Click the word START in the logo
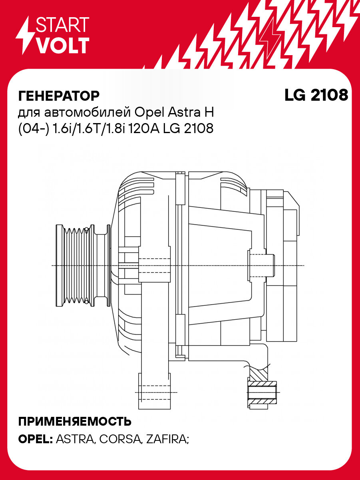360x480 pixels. click(62, 25)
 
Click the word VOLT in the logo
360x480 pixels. click(62, 46)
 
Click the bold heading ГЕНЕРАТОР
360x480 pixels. click(59, 96)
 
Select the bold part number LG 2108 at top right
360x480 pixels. click(316, 95)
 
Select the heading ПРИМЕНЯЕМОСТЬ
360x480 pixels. click(75, 421)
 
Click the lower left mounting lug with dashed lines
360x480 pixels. click(154, 390)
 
